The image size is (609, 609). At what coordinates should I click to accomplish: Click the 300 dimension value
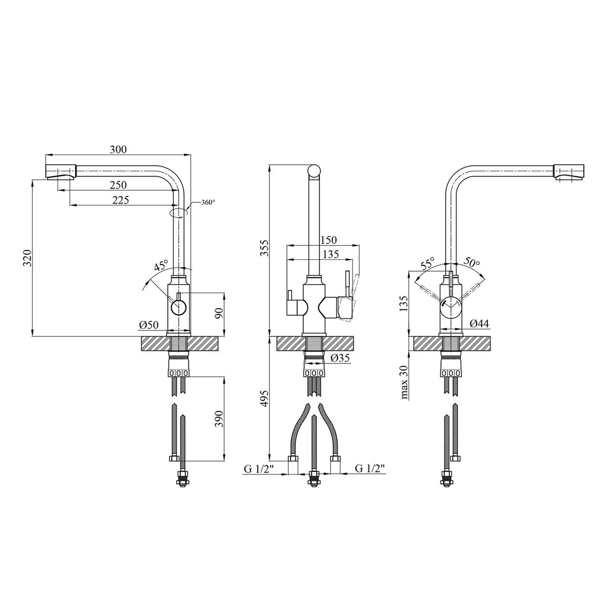pos(118,149)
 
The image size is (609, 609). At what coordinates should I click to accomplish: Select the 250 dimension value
pos(118,185)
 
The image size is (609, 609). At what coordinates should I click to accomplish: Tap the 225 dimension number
pos(120,200)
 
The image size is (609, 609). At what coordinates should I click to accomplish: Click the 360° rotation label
pos(208,202)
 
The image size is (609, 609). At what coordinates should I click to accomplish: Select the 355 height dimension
pos(264,248)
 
